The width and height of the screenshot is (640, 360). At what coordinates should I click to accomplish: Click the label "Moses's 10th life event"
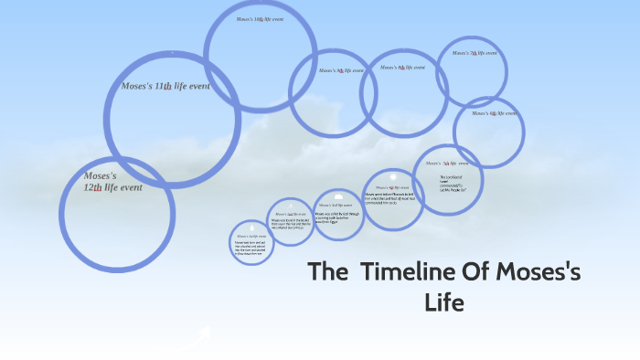[260, 19]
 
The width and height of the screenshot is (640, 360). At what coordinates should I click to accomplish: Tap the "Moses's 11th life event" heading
[165, 85]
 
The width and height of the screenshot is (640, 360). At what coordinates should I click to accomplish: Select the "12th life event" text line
[112, 187]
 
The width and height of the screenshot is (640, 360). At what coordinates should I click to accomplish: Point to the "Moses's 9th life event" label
[341, 70]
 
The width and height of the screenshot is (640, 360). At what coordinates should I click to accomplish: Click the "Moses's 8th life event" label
[402, 67]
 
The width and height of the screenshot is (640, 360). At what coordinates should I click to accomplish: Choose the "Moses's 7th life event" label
[475, 53]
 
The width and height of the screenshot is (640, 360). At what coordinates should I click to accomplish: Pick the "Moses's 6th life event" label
[495, 113]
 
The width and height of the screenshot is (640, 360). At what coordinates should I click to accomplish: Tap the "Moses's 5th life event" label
[449, 163]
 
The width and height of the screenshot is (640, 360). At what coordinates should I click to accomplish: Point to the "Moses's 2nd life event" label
[290, 213]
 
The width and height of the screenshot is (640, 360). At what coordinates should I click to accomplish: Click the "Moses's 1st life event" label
[251, 236]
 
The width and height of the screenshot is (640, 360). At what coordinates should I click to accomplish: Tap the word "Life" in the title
[444, 302]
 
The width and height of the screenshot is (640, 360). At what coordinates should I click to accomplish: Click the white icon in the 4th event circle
[392, 175]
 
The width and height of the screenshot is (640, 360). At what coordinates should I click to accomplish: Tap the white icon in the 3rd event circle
[338, 196]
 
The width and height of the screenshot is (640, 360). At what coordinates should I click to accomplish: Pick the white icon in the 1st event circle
[251, 226]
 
